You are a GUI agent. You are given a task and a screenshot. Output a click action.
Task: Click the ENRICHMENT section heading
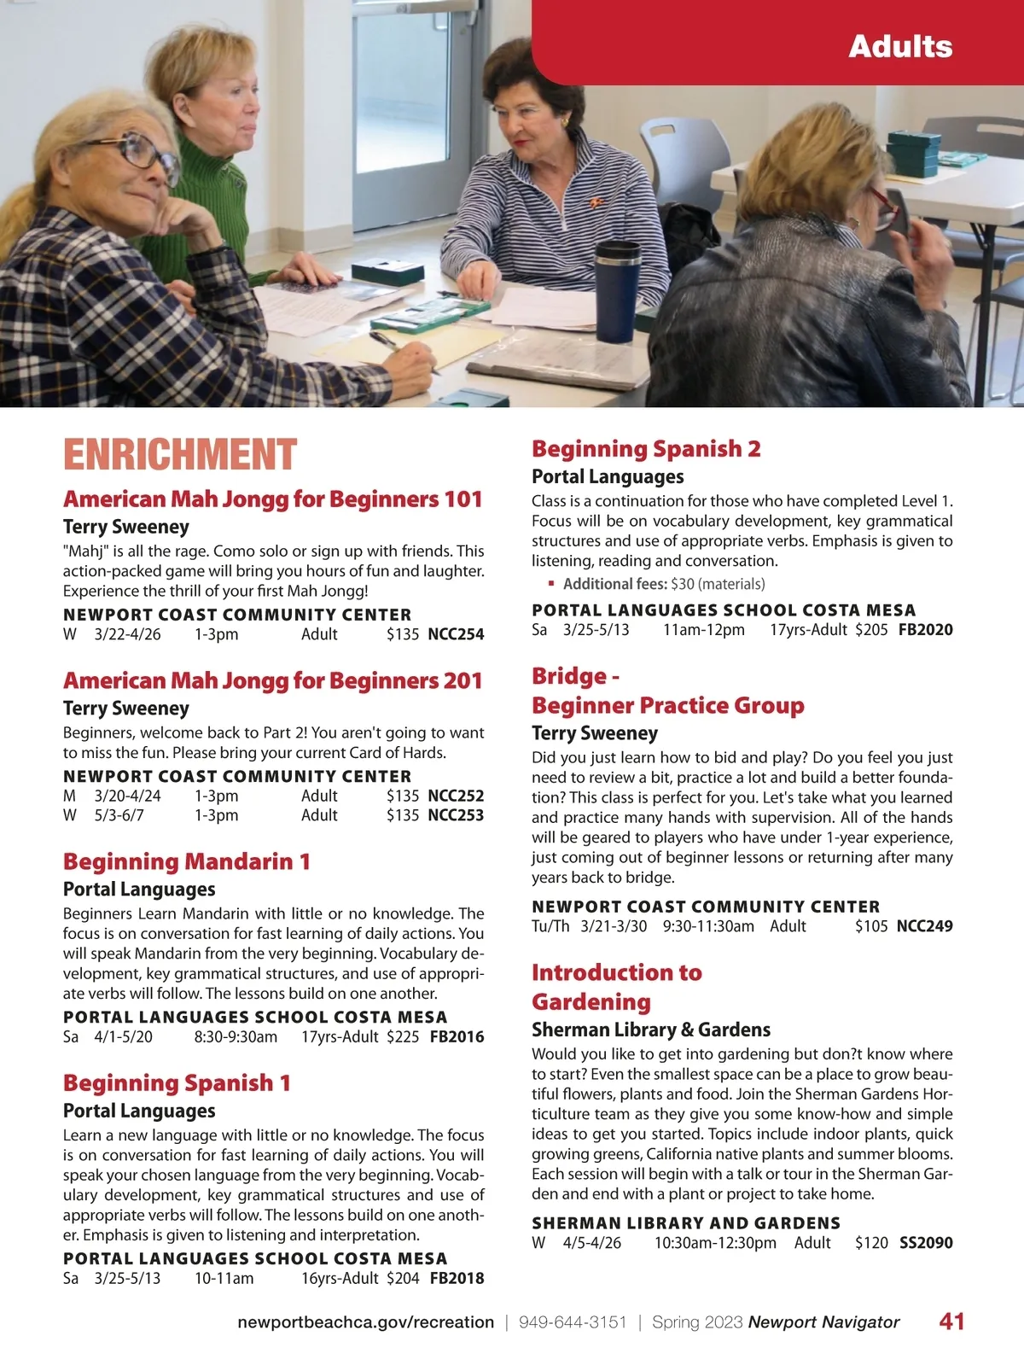click(x=180, y=454)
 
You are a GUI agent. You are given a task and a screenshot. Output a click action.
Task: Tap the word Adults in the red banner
click(x=900, y=46)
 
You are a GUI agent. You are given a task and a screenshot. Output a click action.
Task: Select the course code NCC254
click(x=456, y=634)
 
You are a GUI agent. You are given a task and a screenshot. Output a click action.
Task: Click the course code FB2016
click(x=457, y=1037)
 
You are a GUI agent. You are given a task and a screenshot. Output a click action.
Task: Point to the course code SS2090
click(x=926, y=1243)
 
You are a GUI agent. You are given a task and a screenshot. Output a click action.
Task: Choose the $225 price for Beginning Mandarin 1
click(x=403, y=1037)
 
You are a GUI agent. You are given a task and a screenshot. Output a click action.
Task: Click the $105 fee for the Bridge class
click(x=871, y=926)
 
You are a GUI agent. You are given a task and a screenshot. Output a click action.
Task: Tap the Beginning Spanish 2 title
click(x=646, y=448)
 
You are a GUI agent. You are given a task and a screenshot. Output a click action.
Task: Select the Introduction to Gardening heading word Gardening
click(x=591, y=1001)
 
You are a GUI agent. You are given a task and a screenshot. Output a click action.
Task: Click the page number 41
click(x=951, y=1321)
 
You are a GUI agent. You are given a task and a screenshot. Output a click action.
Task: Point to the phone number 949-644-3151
click(x=573, y=1322)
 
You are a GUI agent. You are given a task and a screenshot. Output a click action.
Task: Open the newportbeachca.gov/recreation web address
click(x=365, y=1322)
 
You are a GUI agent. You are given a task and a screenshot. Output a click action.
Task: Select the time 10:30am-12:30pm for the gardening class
click(x=715, y=1243)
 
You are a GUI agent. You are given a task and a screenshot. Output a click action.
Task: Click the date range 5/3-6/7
click(x=119, y=815)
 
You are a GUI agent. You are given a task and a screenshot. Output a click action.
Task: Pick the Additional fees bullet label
click(x=614, y=584)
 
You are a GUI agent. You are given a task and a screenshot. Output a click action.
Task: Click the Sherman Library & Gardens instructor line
click(x=650, y=1030)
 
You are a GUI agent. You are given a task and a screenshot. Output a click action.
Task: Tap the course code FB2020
click(x=926, y=630)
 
